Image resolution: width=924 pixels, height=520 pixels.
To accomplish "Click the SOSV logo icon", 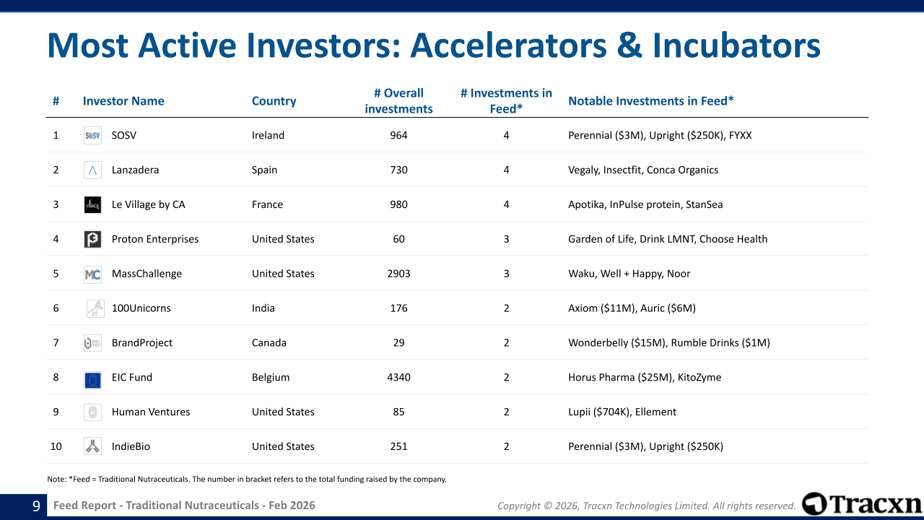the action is [92, 135].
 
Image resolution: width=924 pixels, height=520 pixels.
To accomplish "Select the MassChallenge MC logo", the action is [92, 274].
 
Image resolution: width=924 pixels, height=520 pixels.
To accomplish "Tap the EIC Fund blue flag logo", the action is [92, 380].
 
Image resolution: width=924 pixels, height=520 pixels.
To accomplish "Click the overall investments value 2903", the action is [398, 274].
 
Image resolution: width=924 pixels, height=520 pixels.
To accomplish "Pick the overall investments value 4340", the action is [398, 377].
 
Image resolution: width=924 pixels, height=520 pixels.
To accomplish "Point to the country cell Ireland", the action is [268, 135].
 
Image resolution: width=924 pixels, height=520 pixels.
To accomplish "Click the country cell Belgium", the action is [271, 377].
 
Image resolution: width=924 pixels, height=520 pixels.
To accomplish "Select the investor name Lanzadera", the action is [135, 170].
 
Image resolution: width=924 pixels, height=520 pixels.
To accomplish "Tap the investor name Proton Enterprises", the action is [155, 239].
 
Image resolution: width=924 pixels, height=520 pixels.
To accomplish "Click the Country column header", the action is [274, 101].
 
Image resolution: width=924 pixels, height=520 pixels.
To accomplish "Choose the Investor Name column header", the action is [123, 101].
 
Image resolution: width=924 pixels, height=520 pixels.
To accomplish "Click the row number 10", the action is [56, 446].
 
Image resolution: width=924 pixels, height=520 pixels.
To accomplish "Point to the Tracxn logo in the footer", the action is [862, 504].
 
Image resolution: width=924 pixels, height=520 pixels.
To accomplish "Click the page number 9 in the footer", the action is [36, 506].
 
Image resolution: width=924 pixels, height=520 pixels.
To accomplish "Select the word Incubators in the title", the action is [737, 45].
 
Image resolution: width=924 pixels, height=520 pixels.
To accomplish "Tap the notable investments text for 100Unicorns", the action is [632, 308].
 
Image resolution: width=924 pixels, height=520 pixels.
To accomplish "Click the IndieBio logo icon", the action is [92, 446].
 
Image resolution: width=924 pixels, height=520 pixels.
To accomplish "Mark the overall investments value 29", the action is [398, 343].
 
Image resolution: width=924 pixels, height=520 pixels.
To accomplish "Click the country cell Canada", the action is [269, 343].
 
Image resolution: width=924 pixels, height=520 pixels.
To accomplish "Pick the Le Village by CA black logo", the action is [92, 204].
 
